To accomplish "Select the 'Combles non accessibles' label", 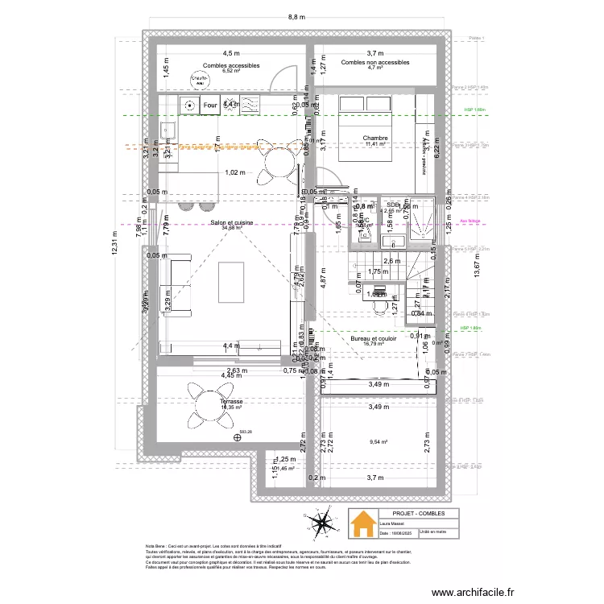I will tap(375, 62).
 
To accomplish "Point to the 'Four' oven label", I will tap(210, 105).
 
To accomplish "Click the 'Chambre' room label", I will tap(375, 139).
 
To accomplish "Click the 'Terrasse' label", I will tap(231, 400).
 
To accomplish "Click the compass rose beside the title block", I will tap(324, 525).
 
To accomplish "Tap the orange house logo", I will tap(362, 522).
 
